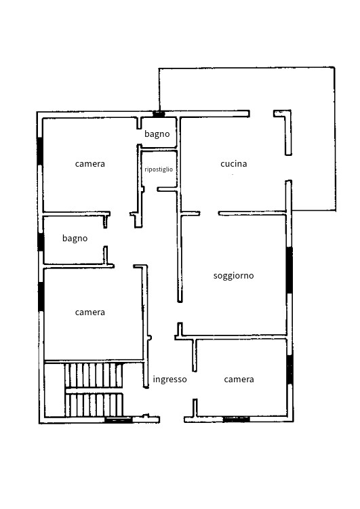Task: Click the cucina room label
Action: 234,163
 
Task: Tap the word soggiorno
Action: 234,276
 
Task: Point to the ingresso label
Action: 169,380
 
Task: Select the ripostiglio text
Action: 159,169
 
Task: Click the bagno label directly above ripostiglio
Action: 157,134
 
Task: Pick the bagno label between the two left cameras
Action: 75,239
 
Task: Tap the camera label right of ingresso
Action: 239,379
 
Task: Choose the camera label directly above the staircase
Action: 90,312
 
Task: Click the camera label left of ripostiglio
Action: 90,163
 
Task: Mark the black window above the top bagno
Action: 159,114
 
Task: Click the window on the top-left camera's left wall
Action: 39,151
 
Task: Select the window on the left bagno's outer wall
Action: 41,242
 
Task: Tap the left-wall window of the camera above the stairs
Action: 41,297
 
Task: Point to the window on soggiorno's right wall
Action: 289,270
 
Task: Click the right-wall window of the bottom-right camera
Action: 290,370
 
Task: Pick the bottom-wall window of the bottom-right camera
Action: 237,420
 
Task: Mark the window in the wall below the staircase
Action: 119,420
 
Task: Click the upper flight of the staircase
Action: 94,375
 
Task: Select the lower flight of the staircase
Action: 94,405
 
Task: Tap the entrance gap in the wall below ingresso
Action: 172,420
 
